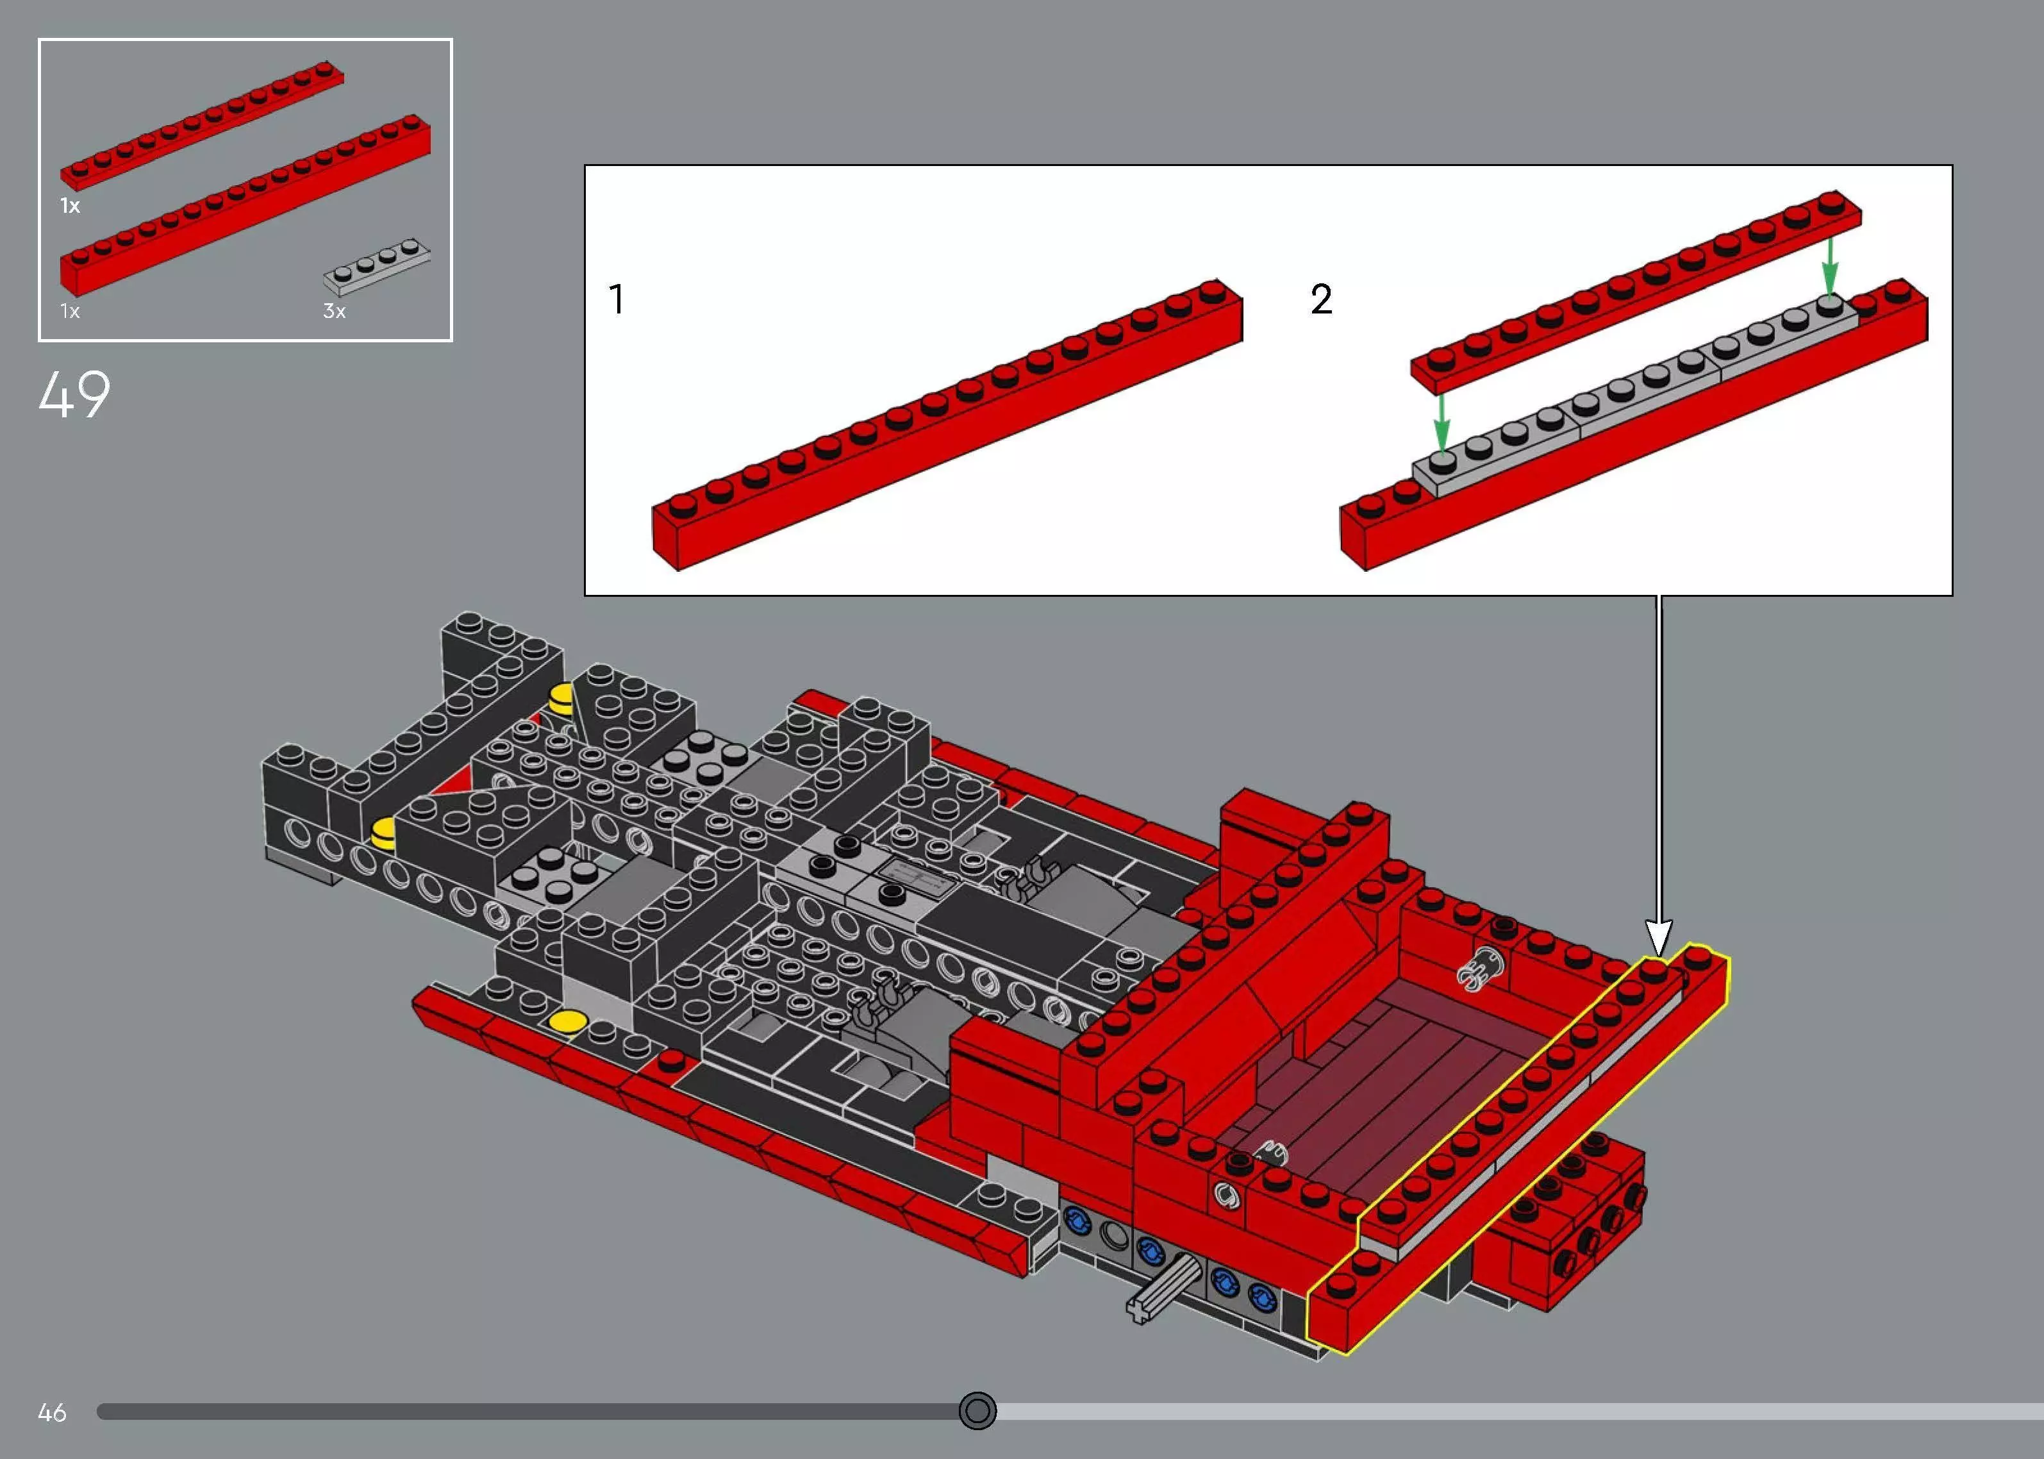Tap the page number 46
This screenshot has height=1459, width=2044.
click(x=52, y=1412)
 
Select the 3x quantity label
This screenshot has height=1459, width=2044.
click(x=334, y=311)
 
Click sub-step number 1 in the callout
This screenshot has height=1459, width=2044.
click(x=616, y=299)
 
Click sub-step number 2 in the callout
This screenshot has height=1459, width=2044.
click(x=1321, y=299)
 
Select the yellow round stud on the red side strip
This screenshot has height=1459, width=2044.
click(x=568, y=1021)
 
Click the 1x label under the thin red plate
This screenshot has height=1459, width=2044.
click(x=70, y=206)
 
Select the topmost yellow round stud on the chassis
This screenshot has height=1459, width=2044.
click(x=562, y=696)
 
